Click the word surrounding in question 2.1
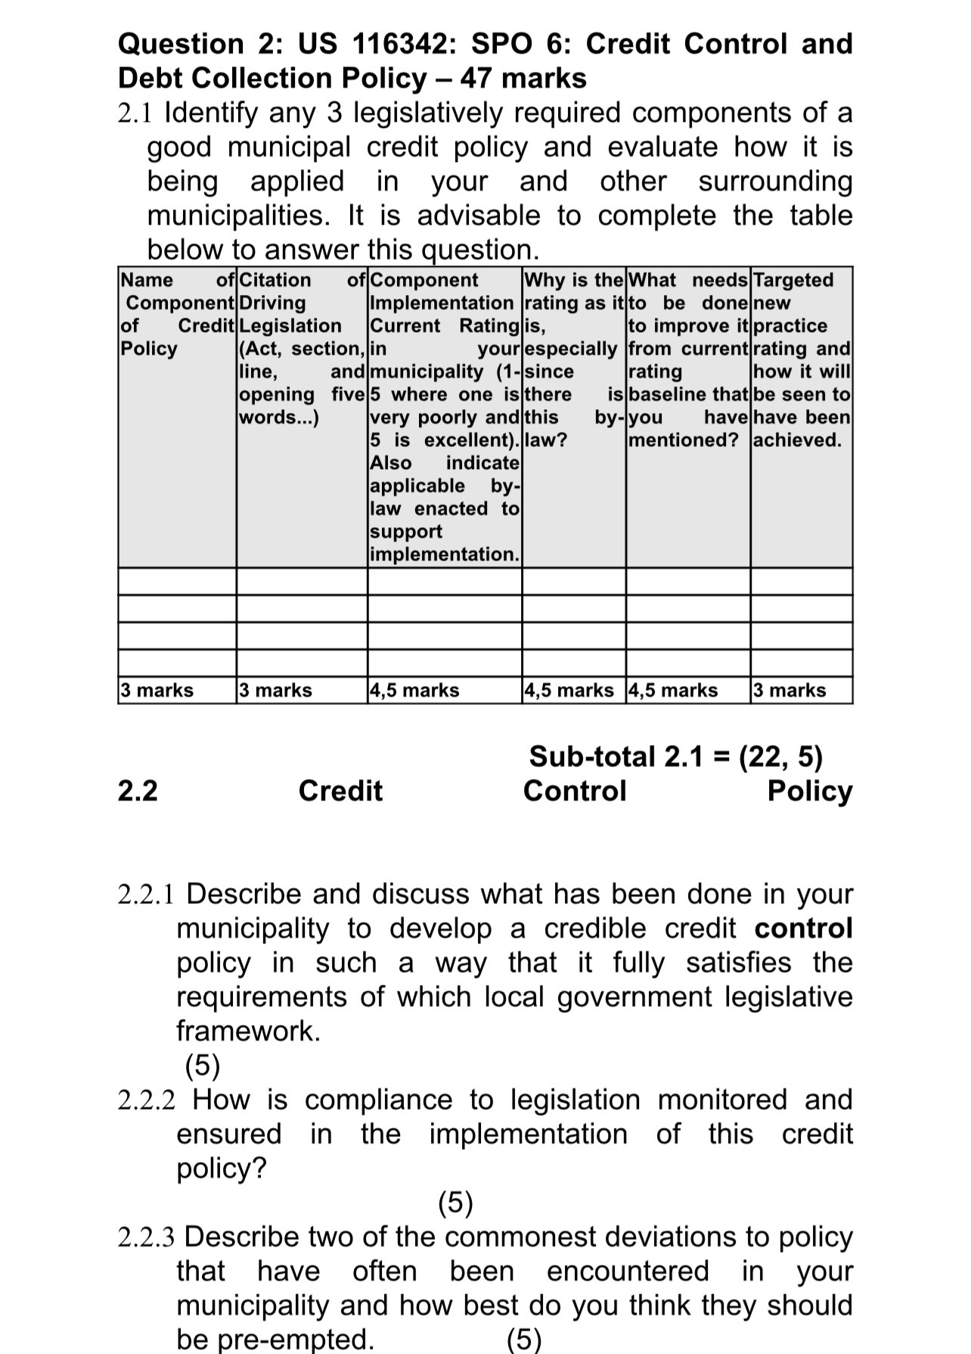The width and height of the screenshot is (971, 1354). pos(774,182)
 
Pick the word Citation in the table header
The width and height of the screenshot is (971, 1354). pos(275,280)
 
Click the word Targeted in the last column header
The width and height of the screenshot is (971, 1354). pos(793,280)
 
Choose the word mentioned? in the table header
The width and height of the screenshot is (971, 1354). pos(684,440)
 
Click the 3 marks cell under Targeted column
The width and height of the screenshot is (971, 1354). pos(790,690)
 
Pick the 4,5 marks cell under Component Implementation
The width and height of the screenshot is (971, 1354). pos(414,690)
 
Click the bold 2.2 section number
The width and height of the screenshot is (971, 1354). pos(138,790)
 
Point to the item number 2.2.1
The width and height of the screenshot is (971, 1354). pos(146,894)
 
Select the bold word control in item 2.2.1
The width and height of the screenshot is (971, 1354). pos(803,928)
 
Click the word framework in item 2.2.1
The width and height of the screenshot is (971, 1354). pos(248,1031)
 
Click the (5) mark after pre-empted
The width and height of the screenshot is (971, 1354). pos(524,1340)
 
